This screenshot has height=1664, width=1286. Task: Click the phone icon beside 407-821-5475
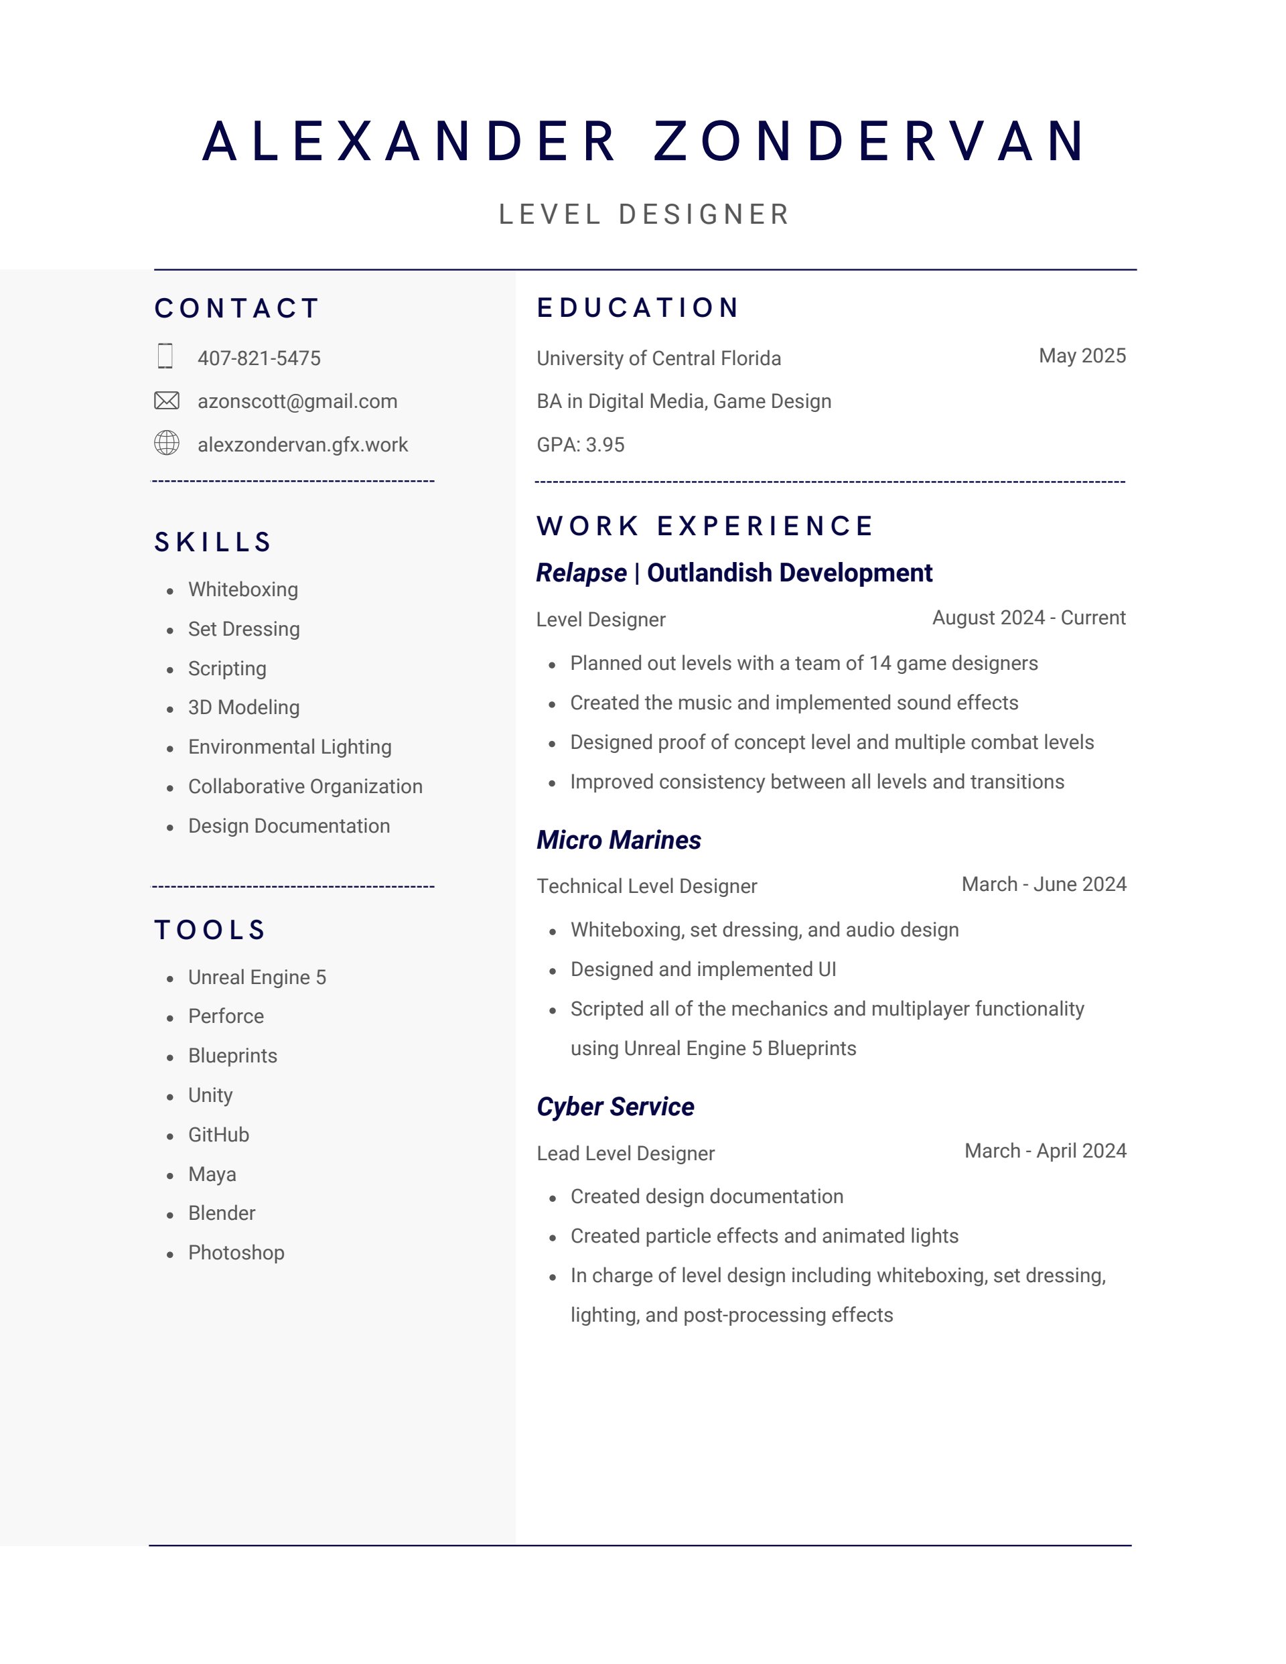coord(165,356)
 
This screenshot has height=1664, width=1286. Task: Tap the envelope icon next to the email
coord(167,401)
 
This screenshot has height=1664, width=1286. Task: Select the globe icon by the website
coord(167,443)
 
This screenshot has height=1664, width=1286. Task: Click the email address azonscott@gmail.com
coord(297,401)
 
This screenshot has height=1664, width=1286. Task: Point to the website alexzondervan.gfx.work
coord(303,445)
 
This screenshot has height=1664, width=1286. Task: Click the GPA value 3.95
coord(605,445)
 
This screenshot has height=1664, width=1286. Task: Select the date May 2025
coord(1082,356)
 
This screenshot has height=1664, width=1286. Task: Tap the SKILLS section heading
coord(213,543)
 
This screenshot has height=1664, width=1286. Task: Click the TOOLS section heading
coord(210,930)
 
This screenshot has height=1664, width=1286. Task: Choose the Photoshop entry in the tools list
coord(236,1253)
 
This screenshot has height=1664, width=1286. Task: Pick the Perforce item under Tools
coord(226,1016)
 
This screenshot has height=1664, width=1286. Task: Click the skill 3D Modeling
coord(244,708)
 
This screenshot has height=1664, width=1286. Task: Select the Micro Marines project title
coord(619,841)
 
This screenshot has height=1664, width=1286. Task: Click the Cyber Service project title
coord(615,1107)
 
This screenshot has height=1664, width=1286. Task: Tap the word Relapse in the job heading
coord(581,573)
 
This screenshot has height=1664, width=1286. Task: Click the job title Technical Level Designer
coord(647,886)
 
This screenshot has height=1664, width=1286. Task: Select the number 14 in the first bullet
coord(880,664)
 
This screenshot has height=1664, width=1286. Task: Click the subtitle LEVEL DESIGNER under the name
coord(644,215)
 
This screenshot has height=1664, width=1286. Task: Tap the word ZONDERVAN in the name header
coord(870,142)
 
